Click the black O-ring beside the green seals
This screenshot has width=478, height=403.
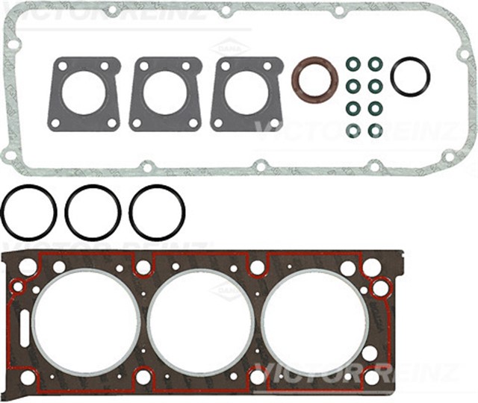click(x=410, y=77)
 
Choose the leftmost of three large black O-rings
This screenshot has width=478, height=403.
click(x=28, y=212)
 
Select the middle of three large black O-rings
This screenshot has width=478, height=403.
click(x=93, y=212)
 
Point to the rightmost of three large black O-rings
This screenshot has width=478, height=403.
click(x=157, y=212)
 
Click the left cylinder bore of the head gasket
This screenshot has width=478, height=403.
click(x=85, y=322)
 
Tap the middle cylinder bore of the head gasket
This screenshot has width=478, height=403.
click(x=200, y=322)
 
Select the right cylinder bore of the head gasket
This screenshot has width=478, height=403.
click(x=314, y=322)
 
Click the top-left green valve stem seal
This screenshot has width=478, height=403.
click(x=353, y=64)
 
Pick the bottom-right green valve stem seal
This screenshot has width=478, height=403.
click(x=376, y=131)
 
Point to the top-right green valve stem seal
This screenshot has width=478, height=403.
click(x=376, y=64)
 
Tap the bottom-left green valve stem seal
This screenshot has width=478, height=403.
click(x=353, y=131)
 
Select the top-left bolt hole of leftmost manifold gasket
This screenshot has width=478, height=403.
click(x=60, y=67)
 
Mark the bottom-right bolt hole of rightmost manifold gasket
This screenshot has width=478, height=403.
click(x=274, y=122)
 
